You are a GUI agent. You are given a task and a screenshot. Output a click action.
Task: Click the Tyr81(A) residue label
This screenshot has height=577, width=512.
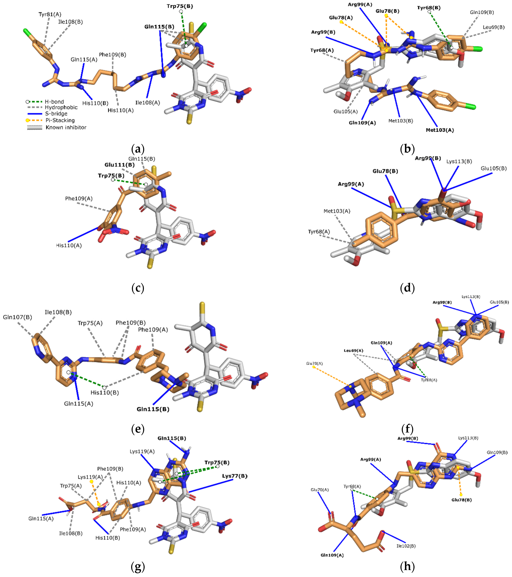[x=50, y=14]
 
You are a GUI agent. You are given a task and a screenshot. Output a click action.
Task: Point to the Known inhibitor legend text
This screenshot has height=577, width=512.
[x=66, y=127]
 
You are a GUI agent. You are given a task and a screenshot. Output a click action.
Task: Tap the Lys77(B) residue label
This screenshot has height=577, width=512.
[x=235, y=476]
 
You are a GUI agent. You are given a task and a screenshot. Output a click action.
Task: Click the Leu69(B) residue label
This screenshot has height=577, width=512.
[x=493, y=27]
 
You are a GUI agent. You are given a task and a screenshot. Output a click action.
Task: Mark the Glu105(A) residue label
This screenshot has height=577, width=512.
[x=345, y=112]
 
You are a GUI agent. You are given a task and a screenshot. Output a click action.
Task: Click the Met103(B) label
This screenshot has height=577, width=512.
[x=400, y=121]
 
